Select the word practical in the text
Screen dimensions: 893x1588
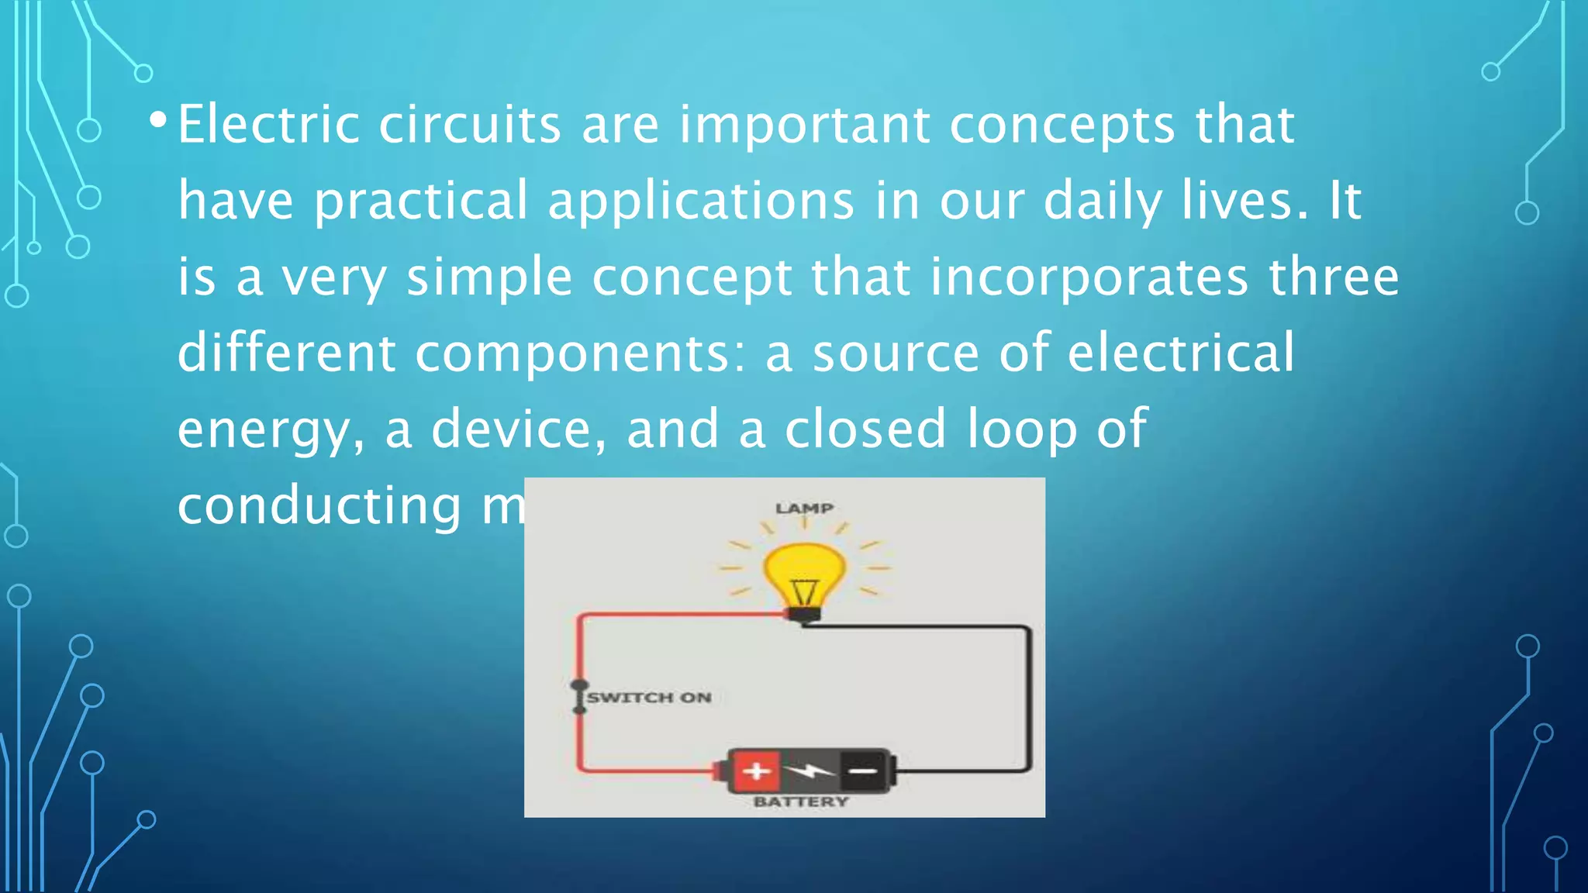coord(421,201)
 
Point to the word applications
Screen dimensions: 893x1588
coord(701,201)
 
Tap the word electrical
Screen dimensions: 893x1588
coord(1180,353)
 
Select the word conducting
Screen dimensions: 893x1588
coord(319,505)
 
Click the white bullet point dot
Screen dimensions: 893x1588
coord(158,120)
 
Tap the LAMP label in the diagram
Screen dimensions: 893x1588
coord(804,509)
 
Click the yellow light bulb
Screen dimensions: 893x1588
coord(804,574)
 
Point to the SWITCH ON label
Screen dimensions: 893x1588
coord(649,698)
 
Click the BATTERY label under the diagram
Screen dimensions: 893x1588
coord(801,802)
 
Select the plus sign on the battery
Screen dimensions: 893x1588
coord(756,771)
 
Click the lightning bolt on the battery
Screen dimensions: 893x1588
coord(809,771)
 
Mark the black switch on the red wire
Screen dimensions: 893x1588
coord(579,697)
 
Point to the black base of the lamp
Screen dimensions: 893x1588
coord(804,615)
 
